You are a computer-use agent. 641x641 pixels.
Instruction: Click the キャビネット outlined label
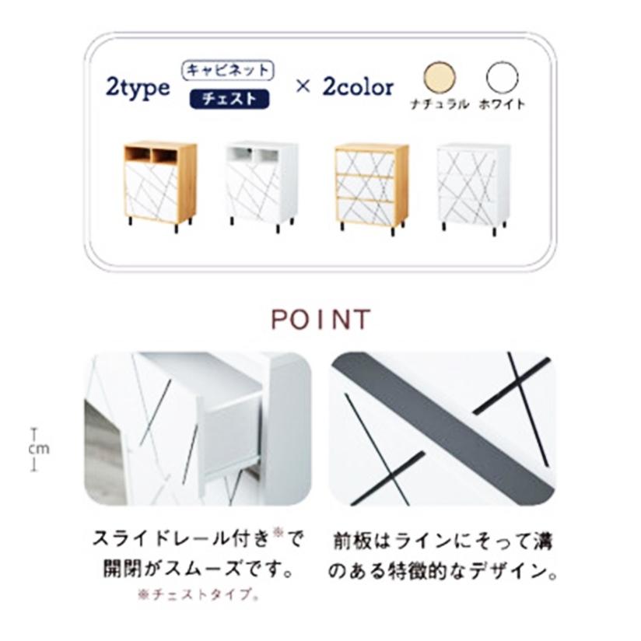(x=228, y=70)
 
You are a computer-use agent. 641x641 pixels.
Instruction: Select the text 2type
(x=138, y=86)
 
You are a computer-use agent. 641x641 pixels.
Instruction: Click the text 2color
(x=358, y=86)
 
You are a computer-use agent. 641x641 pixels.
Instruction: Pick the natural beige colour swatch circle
(x=440, y=79)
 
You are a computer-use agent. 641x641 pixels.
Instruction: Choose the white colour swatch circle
(x=502, y=79)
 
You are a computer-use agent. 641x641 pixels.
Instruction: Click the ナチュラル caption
(x=440, y=105)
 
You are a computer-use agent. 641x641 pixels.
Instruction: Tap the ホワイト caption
(x=502, y=105)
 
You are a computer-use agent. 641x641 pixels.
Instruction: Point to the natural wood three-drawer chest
(x=371, y=187)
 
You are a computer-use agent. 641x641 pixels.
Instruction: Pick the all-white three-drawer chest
(x=472, y=187)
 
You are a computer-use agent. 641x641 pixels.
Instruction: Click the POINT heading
(x=320, y=320)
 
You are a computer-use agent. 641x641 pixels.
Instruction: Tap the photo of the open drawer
(x=198, y=429)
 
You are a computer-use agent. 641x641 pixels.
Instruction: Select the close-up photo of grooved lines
(x=442, y=429)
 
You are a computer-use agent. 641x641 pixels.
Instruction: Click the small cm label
(x=38, y=449)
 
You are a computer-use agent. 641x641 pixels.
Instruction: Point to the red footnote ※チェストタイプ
(x=198, y=594)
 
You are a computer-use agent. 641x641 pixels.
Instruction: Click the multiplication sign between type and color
(x=303, y=86)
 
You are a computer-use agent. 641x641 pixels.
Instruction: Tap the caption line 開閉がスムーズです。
(x=198, y=569)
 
